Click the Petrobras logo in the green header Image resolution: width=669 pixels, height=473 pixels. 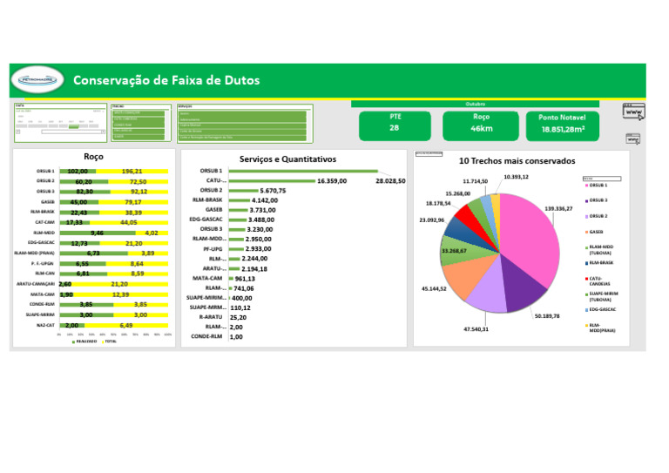36,81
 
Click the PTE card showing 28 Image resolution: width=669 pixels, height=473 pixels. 394,123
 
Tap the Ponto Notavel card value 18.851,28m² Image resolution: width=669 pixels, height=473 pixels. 562,129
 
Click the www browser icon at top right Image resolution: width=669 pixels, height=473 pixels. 633,111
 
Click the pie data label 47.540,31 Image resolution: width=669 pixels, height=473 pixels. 476,329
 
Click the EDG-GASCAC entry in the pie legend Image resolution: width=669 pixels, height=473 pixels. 603,309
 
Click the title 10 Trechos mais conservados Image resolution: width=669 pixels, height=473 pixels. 517,161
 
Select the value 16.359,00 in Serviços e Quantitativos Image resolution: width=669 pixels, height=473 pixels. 332,180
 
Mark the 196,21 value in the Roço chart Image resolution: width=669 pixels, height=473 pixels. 132,172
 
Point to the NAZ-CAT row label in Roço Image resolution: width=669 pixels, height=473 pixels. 43,325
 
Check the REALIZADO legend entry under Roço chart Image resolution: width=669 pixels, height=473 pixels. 85,341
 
